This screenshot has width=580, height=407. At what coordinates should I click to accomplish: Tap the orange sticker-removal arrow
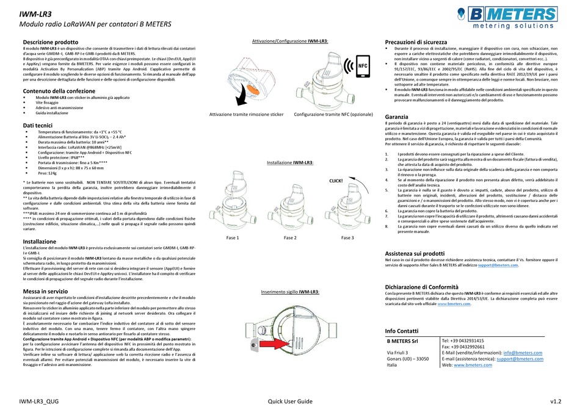249,92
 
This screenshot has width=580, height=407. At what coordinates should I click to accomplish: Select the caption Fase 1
233,238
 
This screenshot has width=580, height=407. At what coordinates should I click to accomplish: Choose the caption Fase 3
347,238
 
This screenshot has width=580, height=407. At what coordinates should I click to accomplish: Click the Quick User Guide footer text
290,400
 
